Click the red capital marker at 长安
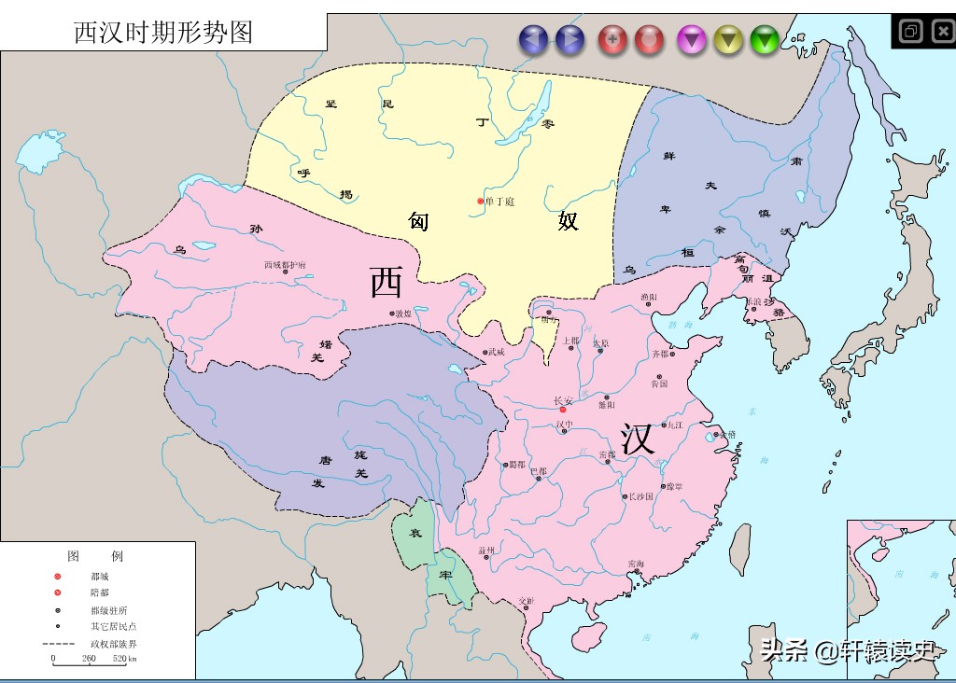[x=562, y=410]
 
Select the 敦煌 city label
[x=403, y=314]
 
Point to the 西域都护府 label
[x=284, y=265]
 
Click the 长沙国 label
[x=641, y=496]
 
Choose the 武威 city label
[x=495, y=352]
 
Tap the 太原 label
[x=600, y=343]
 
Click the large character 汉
[x=639, y=439]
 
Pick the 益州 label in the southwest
[x=485, y=551]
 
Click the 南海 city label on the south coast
[x=636, y=564]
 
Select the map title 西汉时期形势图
[x=163, y=32]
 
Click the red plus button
[x=612, y=39]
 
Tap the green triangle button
[x=765, y=39]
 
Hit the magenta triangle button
[x=691, y=39]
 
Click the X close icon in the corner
[x=940, y=32]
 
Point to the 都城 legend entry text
[x=100, y=577]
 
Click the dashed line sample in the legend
[x=58, y=644]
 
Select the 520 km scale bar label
[x=125, y=659]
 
